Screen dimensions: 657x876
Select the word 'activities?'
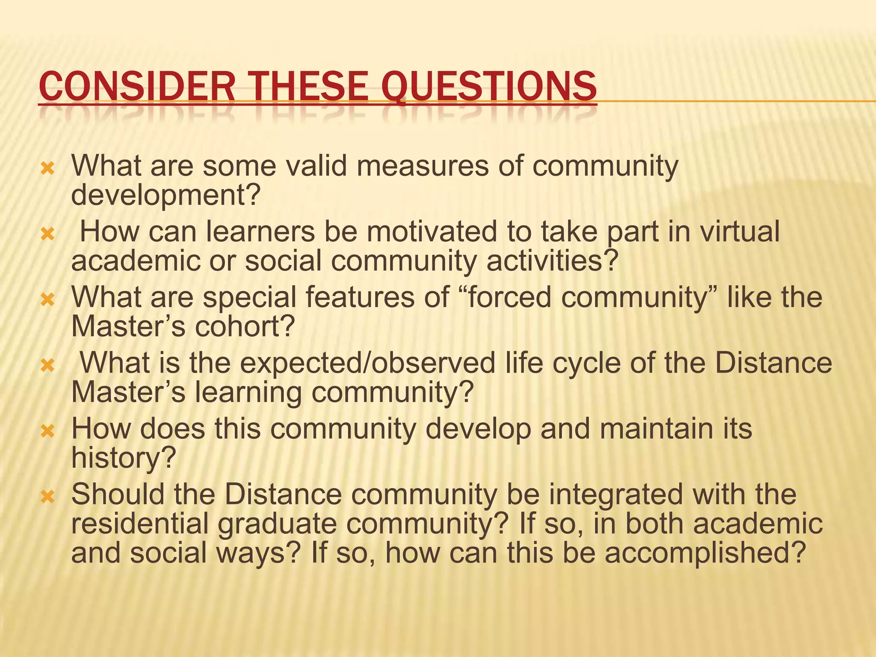click(x=553, y=261)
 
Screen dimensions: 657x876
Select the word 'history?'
click(x=124, y=458)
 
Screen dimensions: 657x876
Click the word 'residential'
click(x=139, y=524)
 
